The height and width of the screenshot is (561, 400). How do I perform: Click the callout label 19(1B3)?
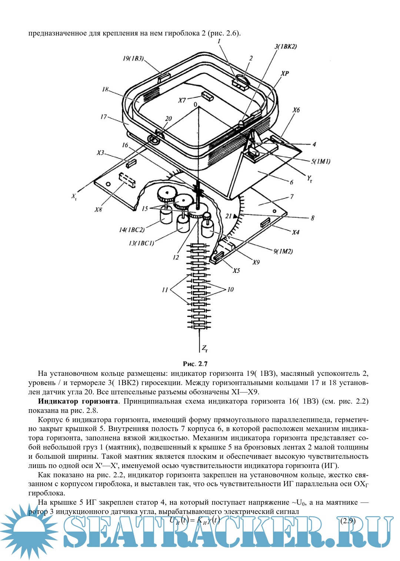(133, 59)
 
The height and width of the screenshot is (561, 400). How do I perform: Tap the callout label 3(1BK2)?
(285, 47)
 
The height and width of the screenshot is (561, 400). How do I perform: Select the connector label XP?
(284, 73)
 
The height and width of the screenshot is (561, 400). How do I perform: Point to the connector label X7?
(182, 100)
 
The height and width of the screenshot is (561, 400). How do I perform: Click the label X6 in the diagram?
(296, 110)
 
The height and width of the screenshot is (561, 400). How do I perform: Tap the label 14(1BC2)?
(131, 230)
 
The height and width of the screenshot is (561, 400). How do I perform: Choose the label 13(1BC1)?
(141, 243)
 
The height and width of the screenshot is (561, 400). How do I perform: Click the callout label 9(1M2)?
(283, 251)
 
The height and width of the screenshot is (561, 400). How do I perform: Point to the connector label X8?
(98, 210)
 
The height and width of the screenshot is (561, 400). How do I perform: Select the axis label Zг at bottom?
(204, 348)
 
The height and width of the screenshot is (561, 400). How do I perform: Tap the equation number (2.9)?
(348, 521)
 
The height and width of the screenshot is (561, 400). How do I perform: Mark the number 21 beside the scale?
(229, 216)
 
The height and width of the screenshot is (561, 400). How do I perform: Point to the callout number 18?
(105, 89)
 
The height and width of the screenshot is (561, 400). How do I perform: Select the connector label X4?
(295, 233)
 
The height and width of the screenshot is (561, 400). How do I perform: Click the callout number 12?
(176, 257)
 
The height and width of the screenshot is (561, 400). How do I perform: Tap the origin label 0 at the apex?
(195, 105)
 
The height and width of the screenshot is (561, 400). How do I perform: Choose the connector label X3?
(101, 153)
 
